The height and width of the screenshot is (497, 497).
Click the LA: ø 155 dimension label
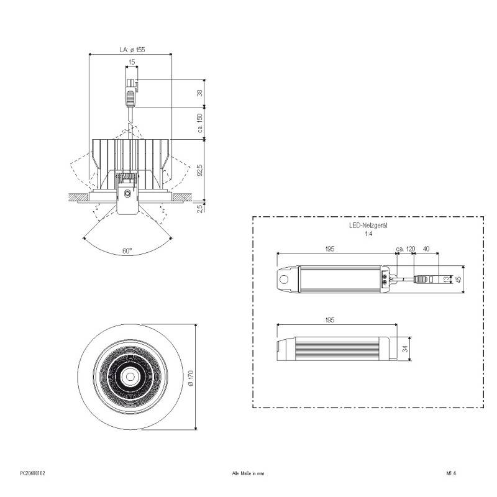[132, 49]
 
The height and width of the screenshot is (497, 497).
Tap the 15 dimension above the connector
[131, 62]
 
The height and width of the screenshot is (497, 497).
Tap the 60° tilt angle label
[127, 251]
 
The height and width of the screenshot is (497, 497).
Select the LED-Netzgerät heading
[368, 228]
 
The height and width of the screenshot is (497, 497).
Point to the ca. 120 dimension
[405, 248]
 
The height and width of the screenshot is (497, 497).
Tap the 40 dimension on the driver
[426, 248]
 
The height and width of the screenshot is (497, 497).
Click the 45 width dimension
[458, 280]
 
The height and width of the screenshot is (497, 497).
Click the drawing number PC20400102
[33, 473]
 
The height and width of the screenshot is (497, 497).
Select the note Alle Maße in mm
[248, 473]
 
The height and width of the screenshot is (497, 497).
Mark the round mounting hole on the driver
[285, 280]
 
